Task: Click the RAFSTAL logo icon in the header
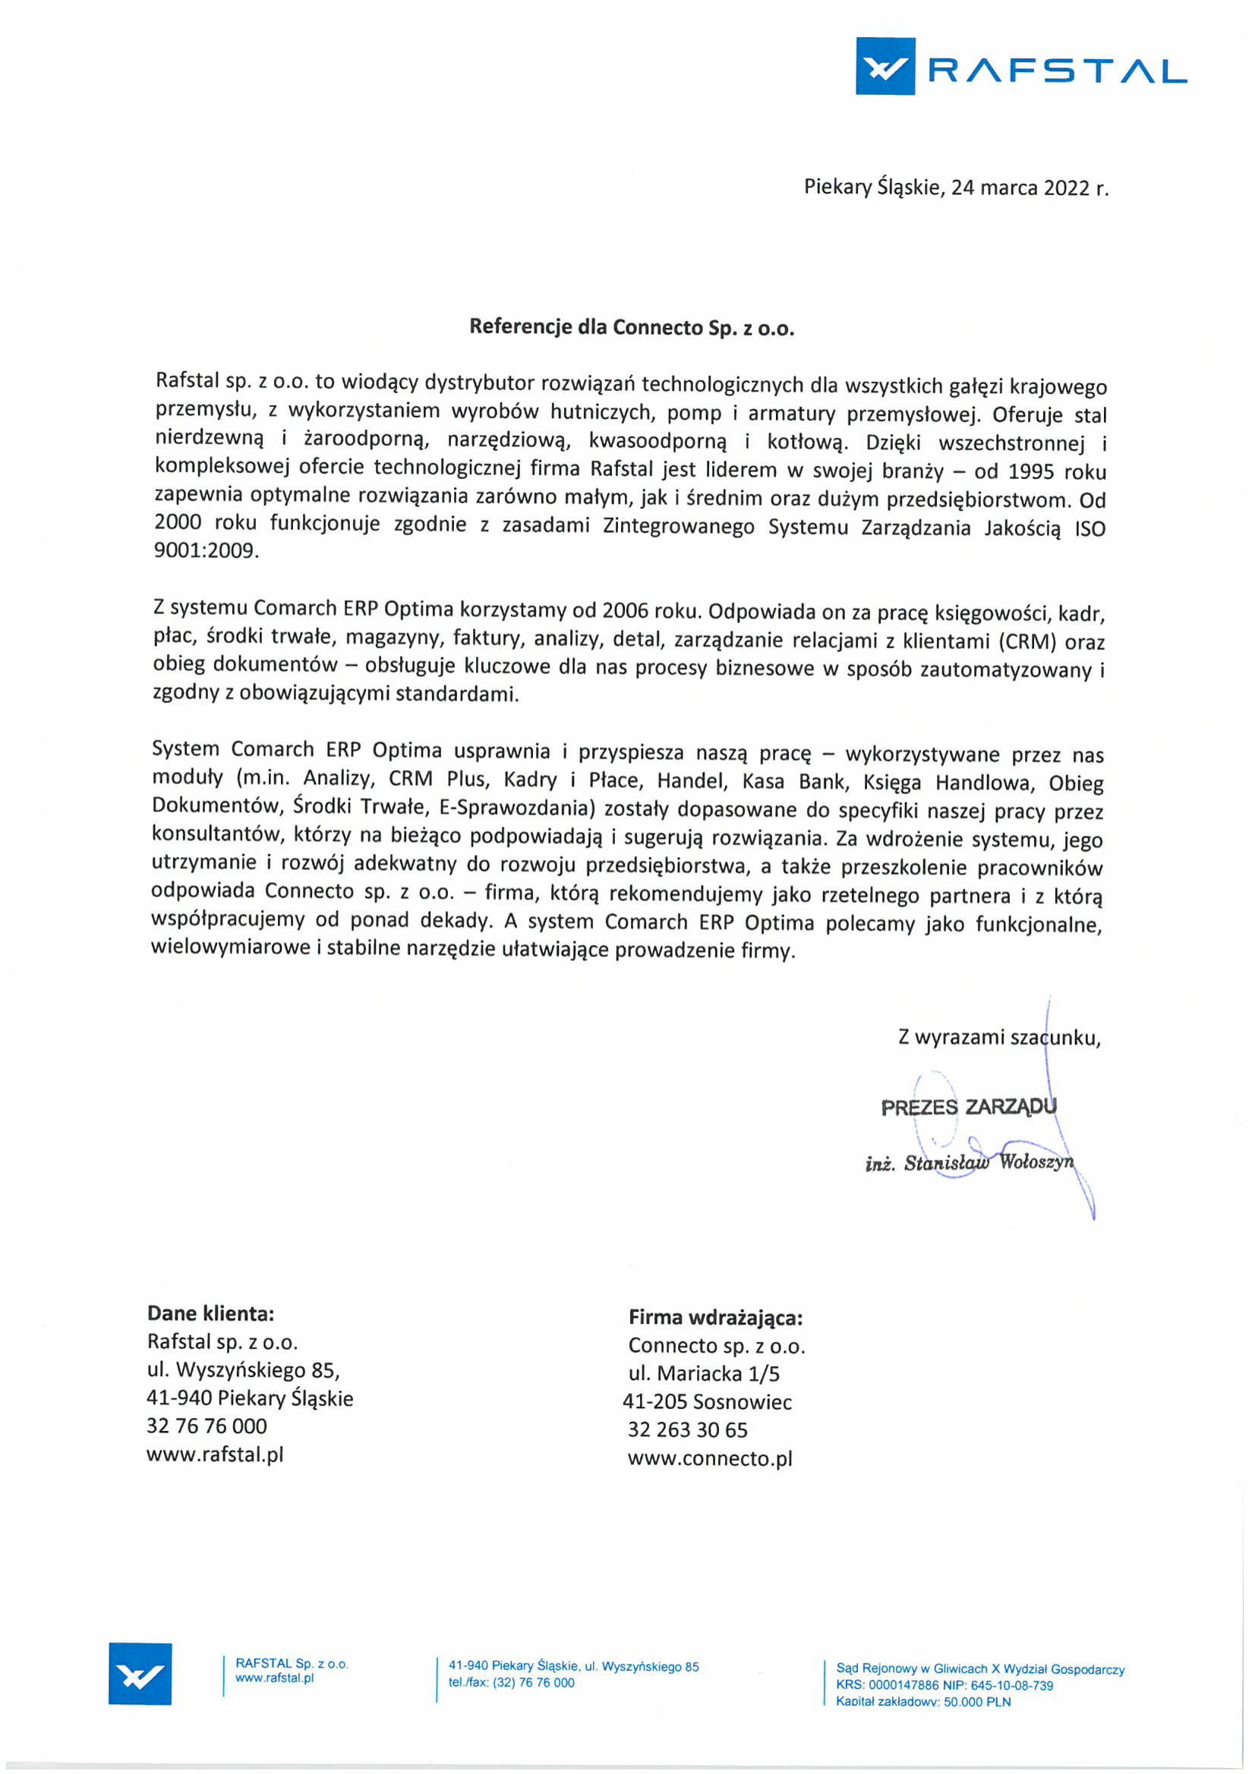pos(884,67)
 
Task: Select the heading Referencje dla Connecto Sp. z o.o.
pos(632,328)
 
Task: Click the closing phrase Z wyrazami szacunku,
pos(998,1037)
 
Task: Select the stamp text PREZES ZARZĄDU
pos(967,1107)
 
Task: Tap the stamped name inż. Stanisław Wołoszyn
pos(969,1163)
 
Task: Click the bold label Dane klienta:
pos(210,1313)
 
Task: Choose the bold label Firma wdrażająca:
pos(715,1317)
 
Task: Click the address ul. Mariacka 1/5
pos(703,1374)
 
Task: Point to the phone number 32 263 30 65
pos(687,1430)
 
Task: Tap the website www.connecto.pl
pos(709,1459)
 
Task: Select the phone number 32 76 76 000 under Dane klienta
pos(207,1426)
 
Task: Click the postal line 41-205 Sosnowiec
pos(707,1402)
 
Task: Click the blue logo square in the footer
pos(140,1674)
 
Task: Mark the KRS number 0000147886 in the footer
pos(903,1685)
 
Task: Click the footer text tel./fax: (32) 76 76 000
pos(511,1683)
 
